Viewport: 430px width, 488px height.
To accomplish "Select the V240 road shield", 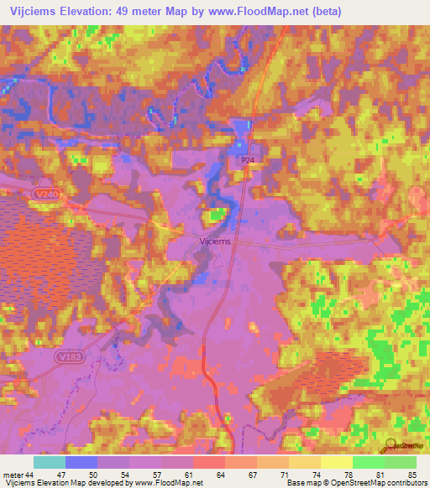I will [48, 194].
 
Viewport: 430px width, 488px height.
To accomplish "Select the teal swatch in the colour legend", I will [50, 462].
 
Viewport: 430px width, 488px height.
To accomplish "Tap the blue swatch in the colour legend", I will [81, 462].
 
